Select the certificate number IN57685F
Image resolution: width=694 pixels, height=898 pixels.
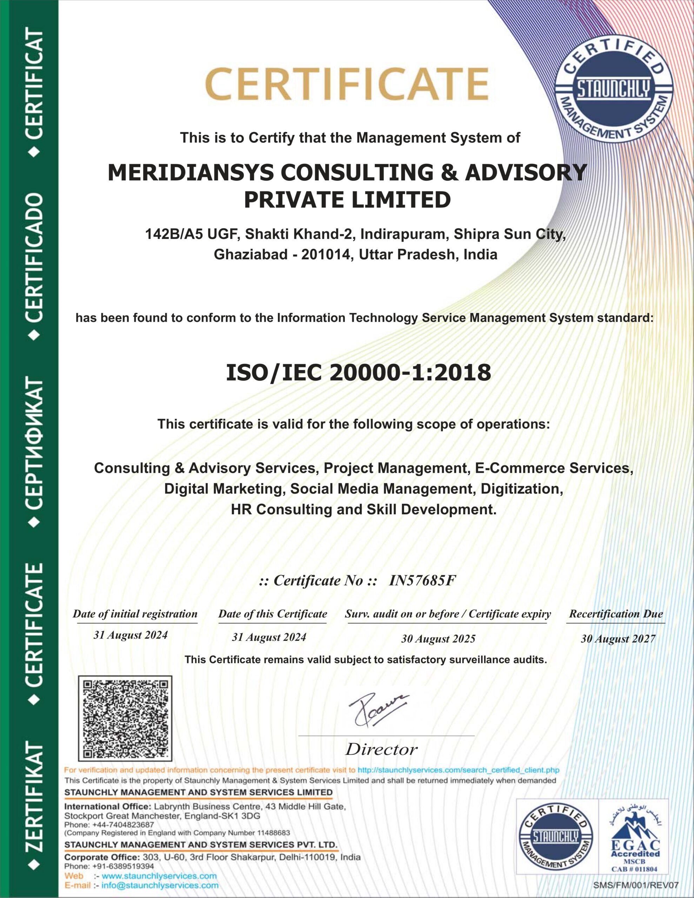click(422, 581)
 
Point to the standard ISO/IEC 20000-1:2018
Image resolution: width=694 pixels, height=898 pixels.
click(358, 373)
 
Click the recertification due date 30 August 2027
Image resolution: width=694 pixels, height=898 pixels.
click(618, 638)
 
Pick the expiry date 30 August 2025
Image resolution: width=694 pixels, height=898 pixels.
click(438, 638)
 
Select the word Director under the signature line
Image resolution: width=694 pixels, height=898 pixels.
click(381, 750)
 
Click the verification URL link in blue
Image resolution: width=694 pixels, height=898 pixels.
click(458, 770)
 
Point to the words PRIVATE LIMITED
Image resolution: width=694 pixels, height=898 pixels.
click(347, 200)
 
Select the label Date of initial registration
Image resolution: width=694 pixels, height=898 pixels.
click(135, 614)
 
